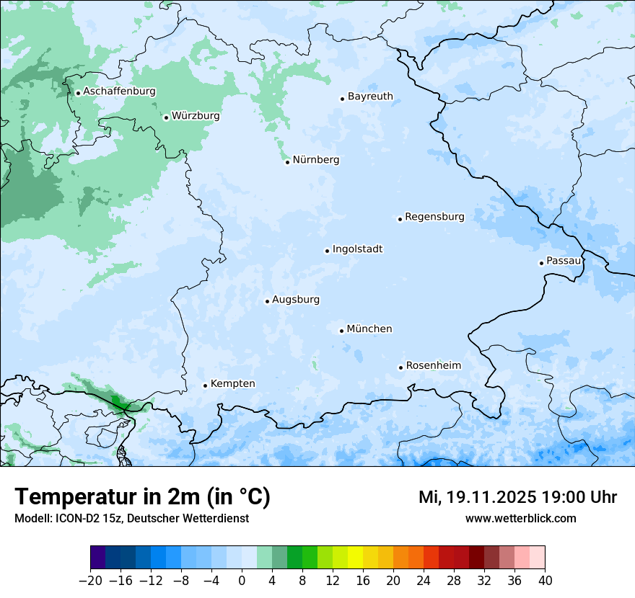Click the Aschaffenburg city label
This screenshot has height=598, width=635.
[x=119, y=92]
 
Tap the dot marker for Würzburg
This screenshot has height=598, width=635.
[x=166, y=117]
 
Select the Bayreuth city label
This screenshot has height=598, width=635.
[x=370, y=97]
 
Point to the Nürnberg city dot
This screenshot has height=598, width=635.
[x=287, y=162]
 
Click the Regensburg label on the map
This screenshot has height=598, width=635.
[x=434, y=217]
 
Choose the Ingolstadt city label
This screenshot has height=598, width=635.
[x=357, y=249]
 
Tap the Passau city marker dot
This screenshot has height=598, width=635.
[x=541, y=263]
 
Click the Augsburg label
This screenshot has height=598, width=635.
[x=296, y=300]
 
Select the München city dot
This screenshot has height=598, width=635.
[x=341, y=331]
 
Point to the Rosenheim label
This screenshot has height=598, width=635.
[x=433, y=366]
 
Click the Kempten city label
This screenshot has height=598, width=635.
[x=232, y=384]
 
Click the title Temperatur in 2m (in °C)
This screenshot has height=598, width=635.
[x=142, y=497]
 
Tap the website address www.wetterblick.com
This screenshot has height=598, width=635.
[x=520, y=518]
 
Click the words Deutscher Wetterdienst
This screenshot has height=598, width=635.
[x=194, y=518]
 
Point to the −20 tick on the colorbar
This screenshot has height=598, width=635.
[x=90, y=581]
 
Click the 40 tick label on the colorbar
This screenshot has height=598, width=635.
[x=545, y=581]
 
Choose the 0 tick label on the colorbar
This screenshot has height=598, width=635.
[x=242, y=581]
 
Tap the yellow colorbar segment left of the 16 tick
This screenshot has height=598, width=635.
[x=355, y=558]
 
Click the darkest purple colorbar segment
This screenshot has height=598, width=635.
[x=97, y=558]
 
